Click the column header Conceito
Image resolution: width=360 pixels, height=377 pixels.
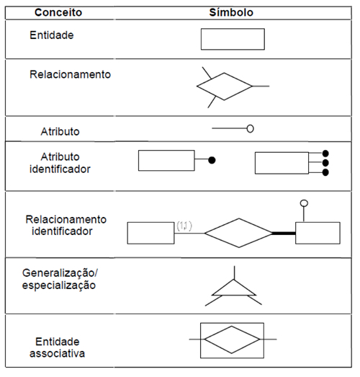pos(58,12)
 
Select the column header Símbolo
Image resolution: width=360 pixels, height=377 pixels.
pos(231,12)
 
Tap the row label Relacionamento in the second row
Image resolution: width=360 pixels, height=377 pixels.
pos(70,74)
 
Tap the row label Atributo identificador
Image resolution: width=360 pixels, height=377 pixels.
pos(60,163)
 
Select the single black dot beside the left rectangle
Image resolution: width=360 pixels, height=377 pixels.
pos(212,160)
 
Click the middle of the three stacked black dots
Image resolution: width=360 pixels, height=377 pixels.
pos(325,163)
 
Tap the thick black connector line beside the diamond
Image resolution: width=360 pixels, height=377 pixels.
pos(284,233)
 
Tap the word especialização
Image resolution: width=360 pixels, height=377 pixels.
pos(59,285)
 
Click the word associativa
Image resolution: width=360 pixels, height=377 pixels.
pos(57,354)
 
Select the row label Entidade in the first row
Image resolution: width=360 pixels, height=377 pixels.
pos(52,35)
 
